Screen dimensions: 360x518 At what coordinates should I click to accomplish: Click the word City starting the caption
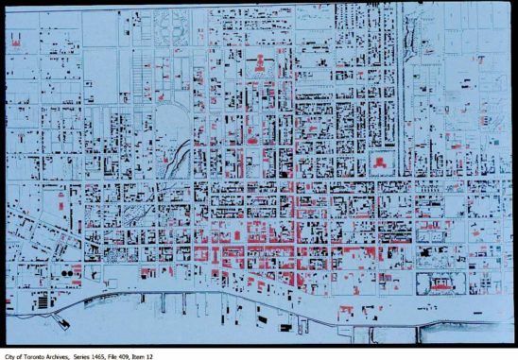click(x=11, y=356)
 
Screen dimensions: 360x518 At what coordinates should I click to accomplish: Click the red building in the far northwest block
click(x=17, y=43)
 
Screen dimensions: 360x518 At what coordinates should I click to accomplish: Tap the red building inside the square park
click(x=381, y=163)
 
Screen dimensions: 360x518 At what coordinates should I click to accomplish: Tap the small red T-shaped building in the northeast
click(x=458, y=144)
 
